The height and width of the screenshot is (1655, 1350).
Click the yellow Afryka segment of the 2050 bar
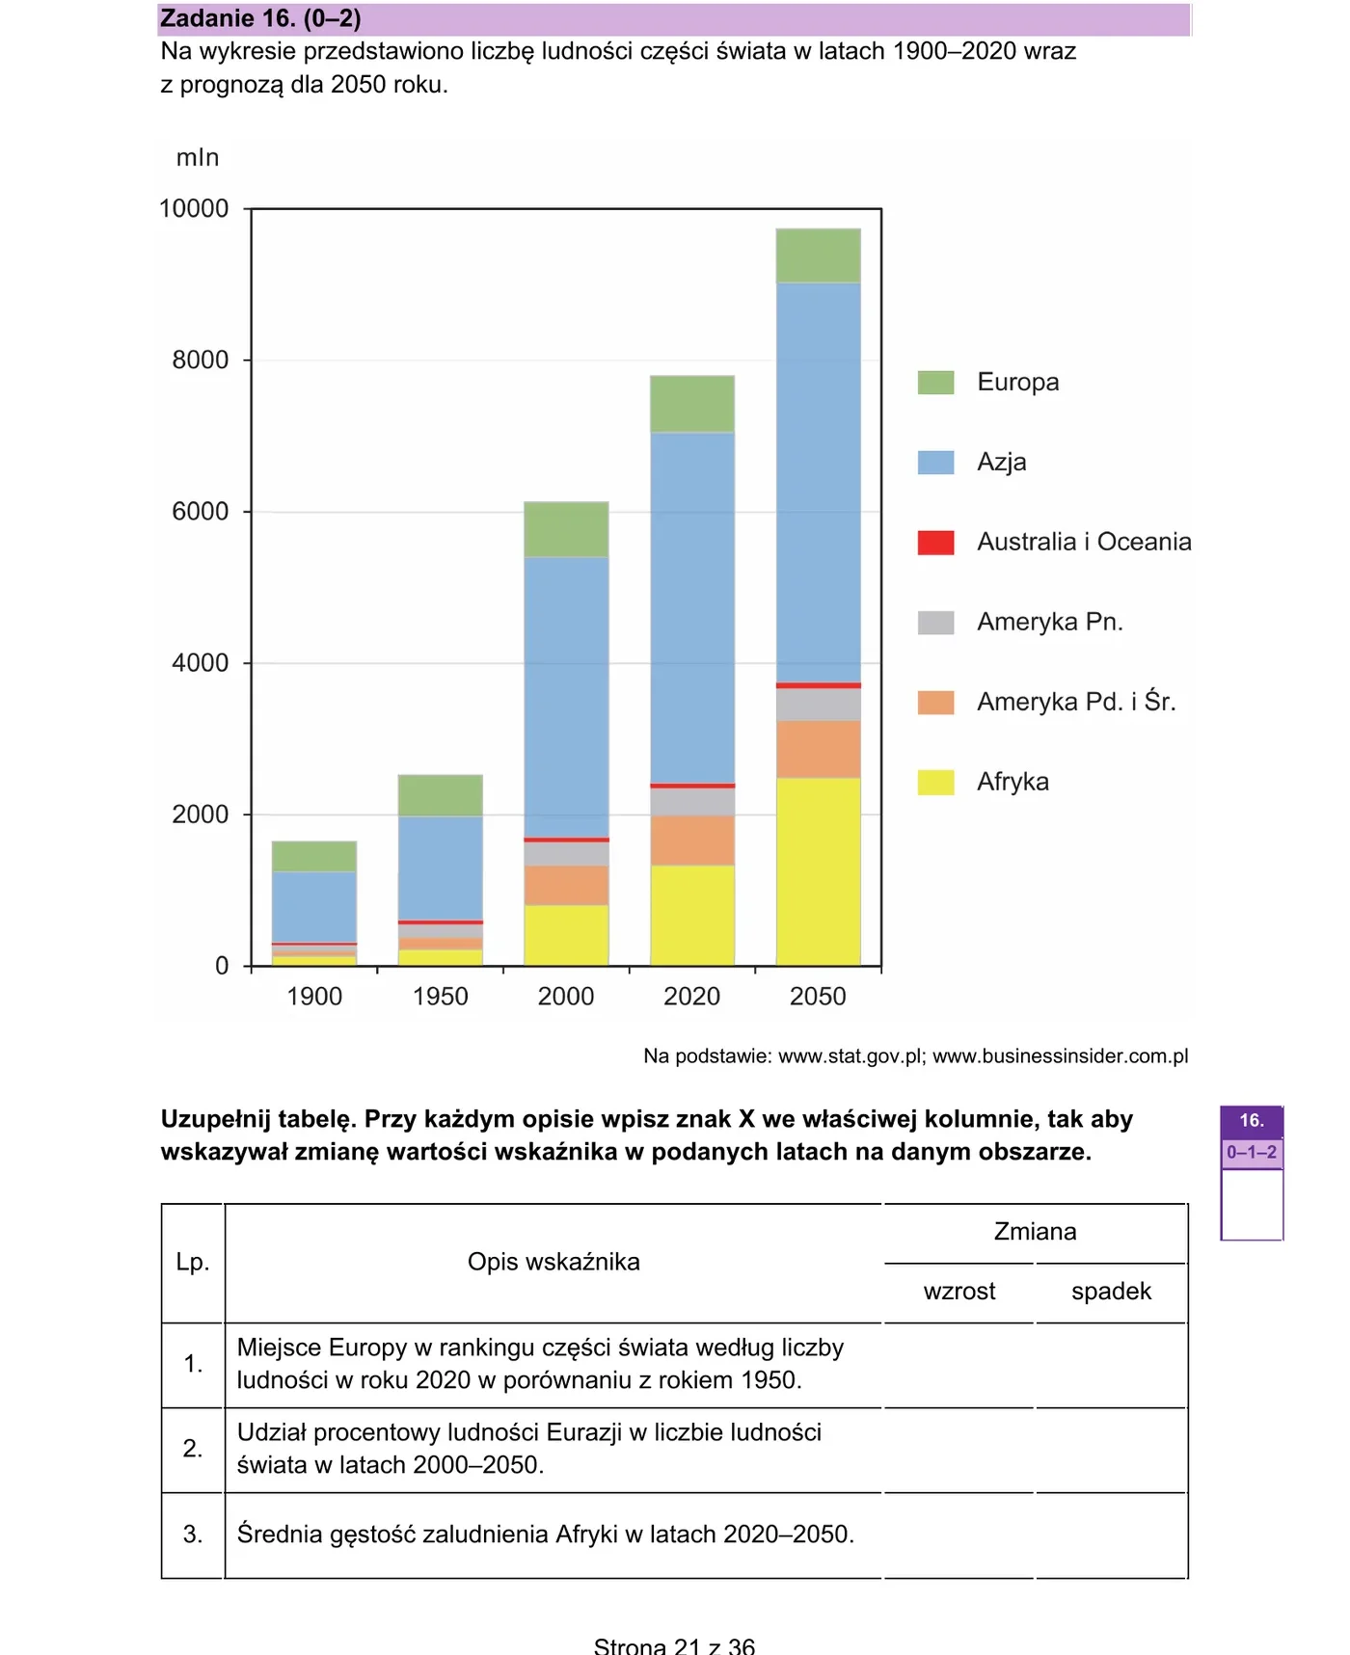pyautogui.click(x=818, y=871)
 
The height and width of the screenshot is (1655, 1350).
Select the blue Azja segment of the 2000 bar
pyautogui.click(x=566, y=697)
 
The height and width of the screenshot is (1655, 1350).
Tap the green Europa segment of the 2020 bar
pyautogui.click(x=692, y=404)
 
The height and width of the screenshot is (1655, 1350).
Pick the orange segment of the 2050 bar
pyautogui.click(x=818, y=749)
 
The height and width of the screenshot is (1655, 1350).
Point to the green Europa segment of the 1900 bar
pyautogui.click(x=314, y=856)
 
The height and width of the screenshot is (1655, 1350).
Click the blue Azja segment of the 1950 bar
pyautogui.click(x=441, y=868)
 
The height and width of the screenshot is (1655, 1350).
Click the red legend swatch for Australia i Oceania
pyautogui.click(x=935, y=543)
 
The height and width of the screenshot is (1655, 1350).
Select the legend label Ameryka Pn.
pyautogui.click(x=1050, y=622)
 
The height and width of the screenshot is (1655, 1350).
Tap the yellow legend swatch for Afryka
pyautogui.click(x=935, y=782)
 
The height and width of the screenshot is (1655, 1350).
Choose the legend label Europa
pyautogui.click(x=1017, y=382)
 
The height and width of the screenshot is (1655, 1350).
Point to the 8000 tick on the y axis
pyautogui.click(x=247, y=360)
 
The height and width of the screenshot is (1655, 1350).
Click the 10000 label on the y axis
pyautogui.click(x=194, y=208)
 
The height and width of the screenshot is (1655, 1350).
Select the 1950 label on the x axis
pyautogui.click(x=441, y=996)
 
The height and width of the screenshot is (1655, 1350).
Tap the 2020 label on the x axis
pyautogui.click(x=692, y=996)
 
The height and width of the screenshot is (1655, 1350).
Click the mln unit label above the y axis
pyautogui.click(x=198, y=157)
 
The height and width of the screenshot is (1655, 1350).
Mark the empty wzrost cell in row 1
pyautogui.click(x=958, y=1365)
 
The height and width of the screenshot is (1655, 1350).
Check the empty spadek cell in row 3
pyautogui.click(x=1111, y=1535)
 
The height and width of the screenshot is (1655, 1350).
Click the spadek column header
pyautogui.click(x=1111, y=1291)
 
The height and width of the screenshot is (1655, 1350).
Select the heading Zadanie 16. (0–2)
pyautogui.click(x=260, y=18)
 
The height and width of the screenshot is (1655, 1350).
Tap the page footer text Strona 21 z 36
pyautogui.click(x=674, y=1644)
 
